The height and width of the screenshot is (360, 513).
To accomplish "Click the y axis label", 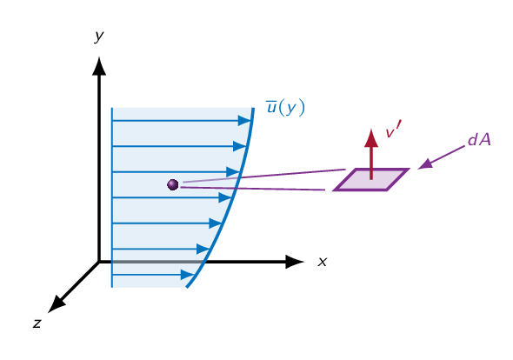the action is click(99, 36).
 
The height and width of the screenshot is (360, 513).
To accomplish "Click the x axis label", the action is click(323, 262).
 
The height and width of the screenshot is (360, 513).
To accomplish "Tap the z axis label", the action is click(37, 323).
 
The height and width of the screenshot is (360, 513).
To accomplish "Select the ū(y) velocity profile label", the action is click(285, 108).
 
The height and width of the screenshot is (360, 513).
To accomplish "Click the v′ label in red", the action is click(393, 130).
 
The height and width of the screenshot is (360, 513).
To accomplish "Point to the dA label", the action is click(479, 140).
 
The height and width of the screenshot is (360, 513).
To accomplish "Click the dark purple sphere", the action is click(173, 184).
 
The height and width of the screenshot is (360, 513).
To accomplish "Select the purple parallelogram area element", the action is click(371, 179).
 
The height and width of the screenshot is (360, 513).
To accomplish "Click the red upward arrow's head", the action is click(371, 137).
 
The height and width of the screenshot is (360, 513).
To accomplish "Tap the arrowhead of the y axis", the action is click(99, 66).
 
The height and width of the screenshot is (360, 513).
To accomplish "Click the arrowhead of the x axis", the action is click(295, 262).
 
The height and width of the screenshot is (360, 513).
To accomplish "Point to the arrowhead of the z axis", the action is click(57, 304).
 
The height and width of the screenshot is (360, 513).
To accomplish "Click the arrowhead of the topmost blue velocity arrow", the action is click(244, 121).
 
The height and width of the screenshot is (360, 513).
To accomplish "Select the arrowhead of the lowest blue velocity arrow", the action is click(188, 275).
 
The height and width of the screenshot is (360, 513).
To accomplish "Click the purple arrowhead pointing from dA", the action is click(425, 164).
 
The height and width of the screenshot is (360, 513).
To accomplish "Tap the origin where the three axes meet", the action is click(99, 262).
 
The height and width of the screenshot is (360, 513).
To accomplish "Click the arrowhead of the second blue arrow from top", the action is click(240, 146).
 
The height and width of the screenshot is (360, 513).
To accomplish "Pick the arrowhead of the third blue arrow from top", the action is click(233, 172).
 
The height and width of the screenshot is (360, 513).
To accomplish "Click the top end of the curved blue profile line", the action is click(253, 109).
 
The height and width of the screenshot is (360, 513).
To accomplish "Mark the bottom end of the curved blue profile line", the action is click(187, 287).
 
